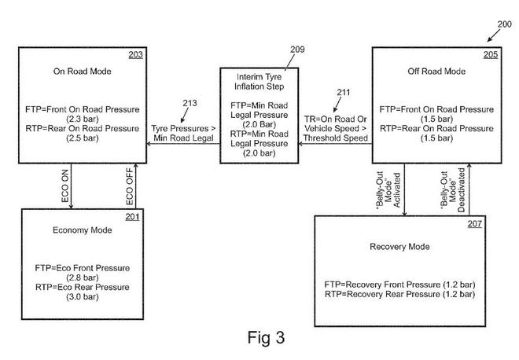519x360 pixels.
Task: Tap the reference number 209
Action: [274, 50]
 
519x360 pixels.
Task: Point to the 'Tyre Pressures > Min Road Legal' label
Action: [185, 132]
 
